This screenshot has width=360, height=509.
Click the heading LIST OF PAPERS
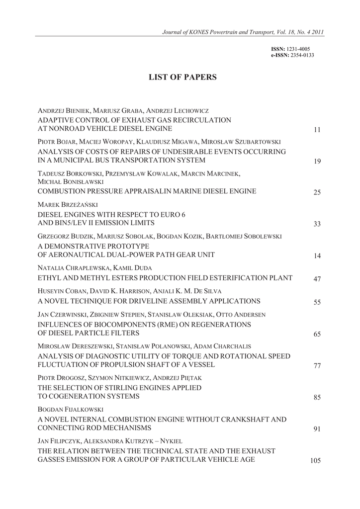click(183, 77)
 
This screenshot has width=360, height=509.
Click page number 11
click(317, 130)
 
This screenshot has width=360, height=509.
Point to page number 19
click(317, 161)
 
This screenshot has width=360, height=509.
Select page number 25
click(317, 192)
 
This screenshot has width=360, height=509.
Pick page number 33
click(317, 224)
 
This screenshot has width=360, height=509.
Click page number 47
click(317, 279)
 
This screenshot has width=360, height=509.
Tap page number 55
click(317, 302)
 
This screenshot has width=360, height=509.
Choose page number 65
click(317, 334)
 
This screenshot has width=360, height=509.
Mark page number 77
click(317, 366)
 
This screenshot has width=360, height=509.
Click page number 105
click(315, 461)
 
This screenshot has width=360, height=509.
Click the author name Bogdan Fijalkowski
click(70, 410)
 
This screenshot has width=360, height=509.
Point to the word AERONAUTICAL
click(73, 255)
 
